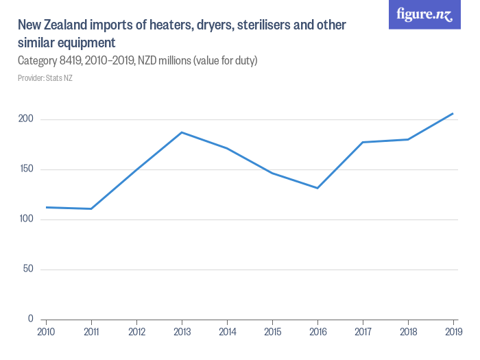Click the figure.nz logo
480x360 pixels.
point(424,15)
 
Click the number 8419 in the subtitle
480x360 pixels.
point(70,61)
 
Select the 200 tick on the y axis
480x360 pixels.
point(26,119)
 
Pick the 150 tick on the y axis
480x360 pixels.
point(26,169)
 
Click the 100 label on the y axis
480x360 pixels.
point(26,219)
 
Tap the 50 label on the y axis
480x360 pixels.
point(28,269)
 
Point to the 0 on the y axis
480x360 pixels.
point(31,319)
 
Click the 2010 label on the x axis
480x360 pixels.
point(46,332)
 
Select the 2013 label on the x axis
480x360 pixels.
point(182,332)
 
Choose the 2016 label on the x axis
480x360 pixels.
point(317,332)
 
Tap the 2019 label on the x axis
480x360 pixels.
point(453,332)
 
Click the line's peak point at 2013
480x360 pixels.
point(182,132)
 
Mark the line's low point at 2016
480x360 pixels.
point(317,188)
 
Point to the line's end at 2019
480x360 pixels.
point(453,113)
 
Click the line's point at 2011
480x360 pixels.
point(91,208)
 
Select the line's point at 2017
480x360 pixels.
point(363,142)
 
